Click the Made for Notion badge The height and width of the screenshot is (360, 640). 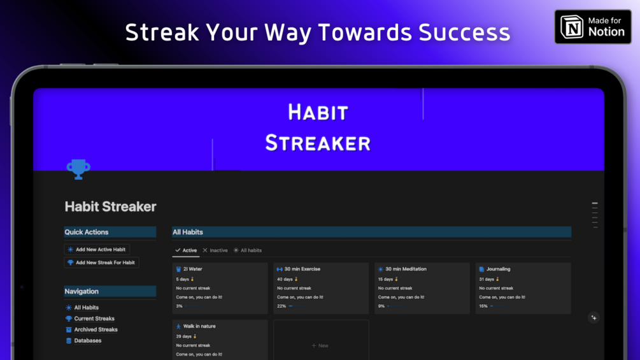click(593, 27)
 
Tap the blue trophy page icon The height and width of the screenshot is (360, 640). click(78, 169)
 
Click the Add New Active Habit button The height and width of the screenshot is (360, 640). click(97, 249)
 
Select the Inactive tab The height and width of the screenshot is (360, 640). click(215, 250)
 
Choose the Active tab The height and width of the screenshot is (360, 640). click(186, 250)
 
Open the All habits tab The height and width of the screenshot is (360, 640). click(247, 250)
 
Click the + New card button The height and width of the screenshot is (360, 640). click(320, 346)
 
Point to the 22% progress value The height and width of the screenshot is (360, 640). click(281, 306)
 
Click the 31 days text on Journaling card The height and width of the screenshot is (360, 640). click(487, 279)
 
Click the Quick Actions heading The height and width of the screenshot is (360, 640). click(87, 232)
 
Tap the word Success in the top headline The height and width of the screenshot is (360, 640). click(464, 32)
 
